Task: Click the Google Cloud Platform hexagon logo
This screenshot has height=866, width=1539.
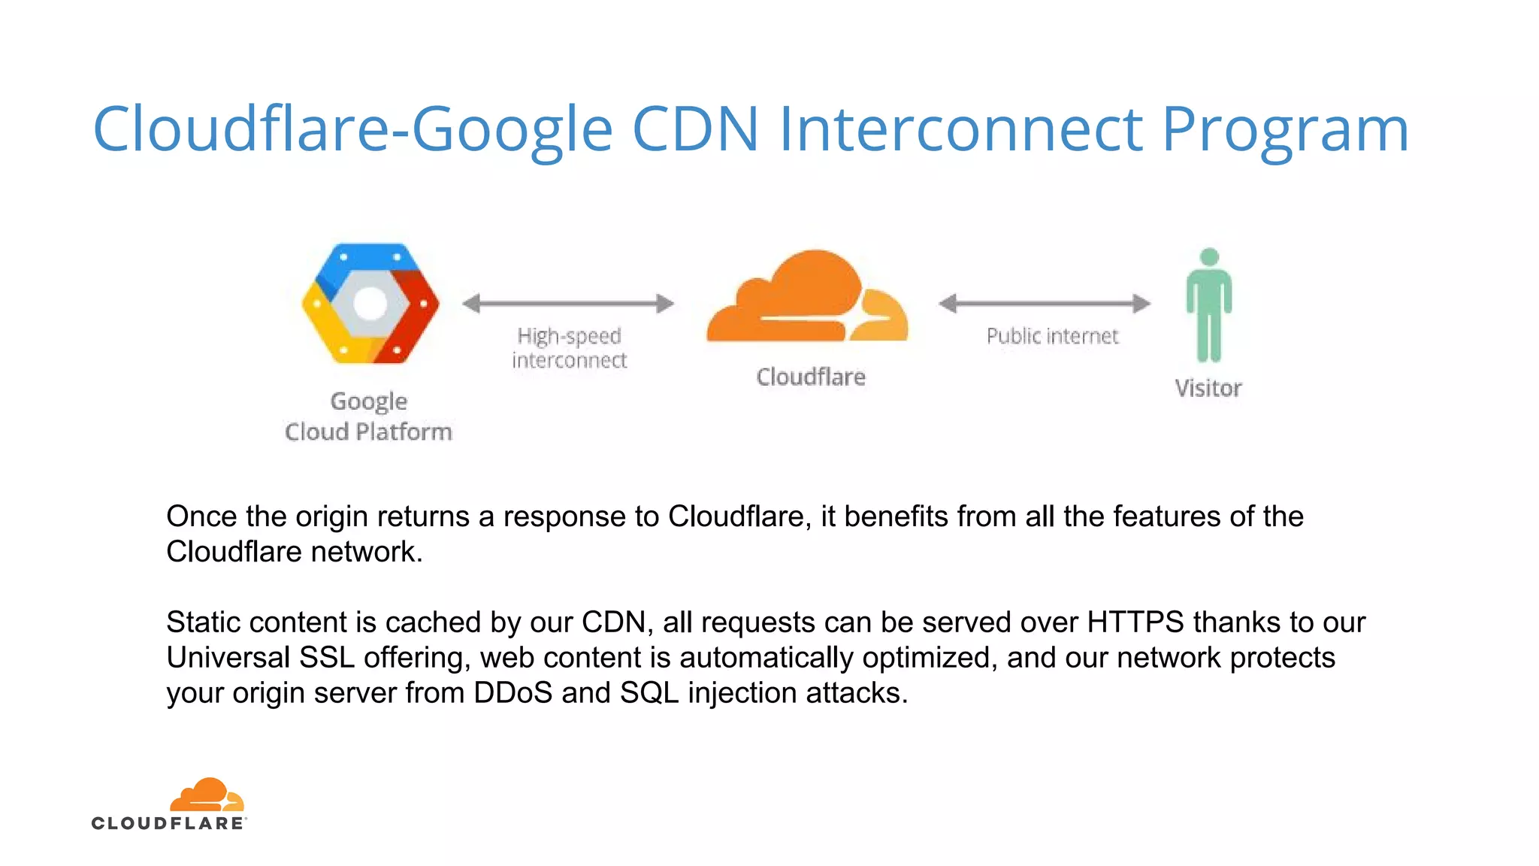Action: pyautogui.click(x=370, y=303)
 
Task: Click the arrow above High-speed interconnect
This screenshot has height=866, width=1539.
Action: pyautogui.click(x=568, y=304)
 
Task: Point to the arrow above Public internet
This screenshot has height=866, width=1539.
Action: pyautogui.click(x=1045, y=304)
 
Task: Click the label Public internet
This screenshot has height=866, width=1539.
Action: pyautogui.click(x=1052, y=336)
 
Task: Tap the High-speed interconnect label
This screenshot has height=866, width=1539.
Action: pyautogui.click(x=569, y=348)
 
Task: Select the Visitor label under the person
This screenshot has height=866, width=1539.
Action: pyautogui.click(x=1208, y=389)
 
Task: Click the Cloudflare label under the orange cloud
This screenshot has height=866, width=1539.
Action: pyautogui.click(x=811, y=377)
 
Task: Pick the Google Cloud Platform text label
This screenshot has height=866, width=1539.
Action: pyautogui.click(x=368, y=416)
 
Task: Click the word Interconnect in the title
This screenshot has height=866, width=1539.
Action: pyautogui.click(x=960, y=129)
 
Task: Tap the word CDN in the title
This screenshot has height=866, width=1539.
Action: pyautogui.click(x=695, y=129)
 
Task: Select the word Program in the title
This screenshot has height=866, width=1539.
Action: pyautogui.click(x=1285, y=130)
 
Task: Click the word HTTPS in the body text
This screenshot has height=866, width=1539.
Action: pyautogui.click(x=1135, y=622)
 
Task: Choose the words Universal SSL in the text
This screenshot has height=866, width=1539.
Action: pyautogui.click(x=260, y=658)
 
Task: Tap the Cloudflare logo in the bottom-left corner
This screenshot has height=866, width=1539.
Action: pyautogui.click(x=169, y=804)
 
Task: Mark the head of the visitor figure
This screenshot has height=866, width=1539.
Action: pyautogui.click(x=1209, y=257)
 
